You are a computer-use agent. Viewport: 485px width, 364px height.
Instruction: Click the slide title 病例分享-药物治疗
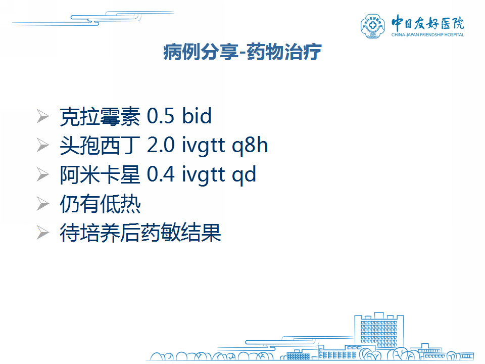(242, 52)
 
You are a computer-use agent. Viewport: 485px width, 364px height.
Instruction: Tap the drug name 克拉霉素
(100, 116)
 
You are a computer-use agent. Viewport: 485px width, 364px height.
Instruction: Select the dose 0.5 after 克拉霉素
(160, 116)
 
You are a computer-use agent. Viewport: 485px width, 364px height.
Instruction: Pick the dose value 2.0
(161, 145)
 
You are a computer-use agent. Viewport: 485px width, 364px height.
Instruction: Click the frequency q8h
(250, 146)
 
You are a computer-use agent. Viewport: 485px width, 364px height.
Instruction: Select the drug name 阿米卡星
(100, 174)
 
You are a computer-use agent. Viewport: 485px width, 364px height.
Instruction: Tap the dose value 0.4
(161, 174)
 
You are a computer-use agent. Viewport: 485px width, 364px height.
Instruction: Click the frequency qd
(244, 175)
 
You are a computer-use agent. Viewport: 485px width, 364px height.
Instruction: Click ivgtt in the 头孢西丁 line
(203, 146)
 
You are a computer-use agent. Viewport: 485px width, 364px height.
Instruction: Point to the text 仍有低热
(100, 204)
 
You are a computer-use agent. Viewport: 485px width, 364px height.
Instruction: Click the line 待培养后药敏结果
(140, 233)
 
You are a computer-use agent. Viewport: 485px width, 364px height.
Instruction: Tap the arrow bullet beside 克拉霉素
(42, 116)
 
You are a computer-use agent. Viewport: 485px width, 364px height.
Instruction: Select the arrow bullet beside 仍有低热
(42, 204)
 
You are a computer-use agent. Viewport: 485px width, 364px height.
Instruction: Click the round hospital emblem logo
(373, 26)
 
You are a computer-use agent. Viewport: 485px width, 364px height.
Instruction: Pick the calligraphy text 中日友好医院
(428, 23)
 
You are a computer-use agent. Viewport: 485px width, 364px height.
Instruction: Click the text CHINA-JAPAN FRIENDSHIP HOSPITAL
(428, 35)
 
